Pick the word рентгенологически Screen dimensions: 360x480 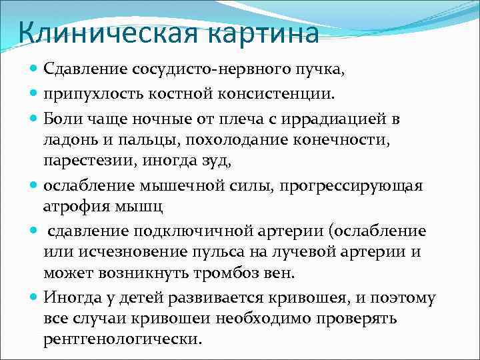tap(121, 339)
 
